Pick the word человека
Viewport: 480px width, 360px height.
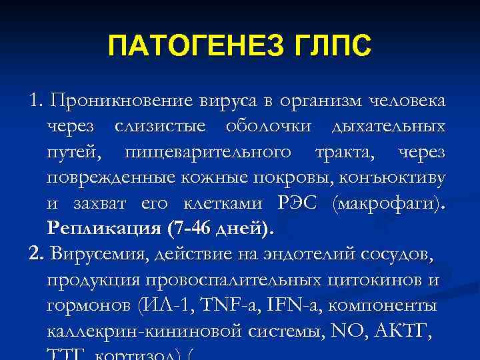(407, 101)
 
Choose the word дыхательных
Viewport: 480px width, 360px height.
(389, 127)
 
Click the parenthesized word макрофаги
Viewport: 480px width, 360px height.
(386, 203)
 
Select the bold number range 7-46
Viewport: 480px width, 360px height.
(193, 229)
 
